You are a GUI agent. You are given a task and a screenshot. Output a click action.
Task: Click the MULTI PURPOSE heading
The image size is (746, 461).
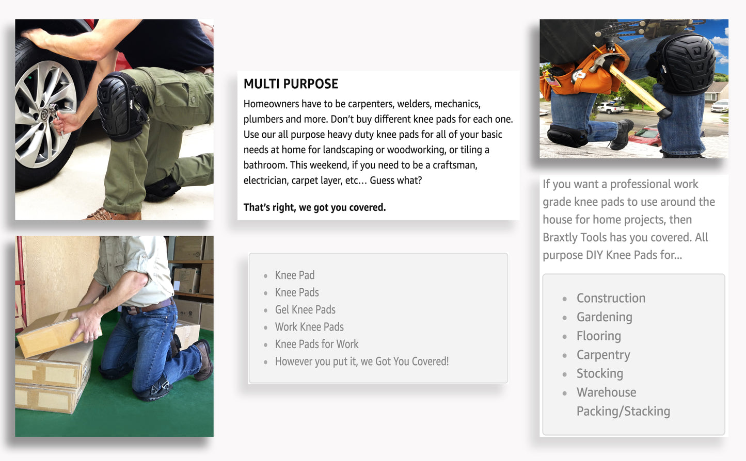pyautogui.click(x=291, y=84)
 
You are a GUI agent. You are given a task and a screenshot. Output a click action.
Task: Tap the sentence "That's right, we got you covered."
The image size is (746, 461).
pyautogui.click(x=315, y=207)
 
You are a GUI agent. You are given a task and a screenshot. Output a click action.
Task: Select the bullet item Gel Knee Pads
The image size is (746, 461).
pyautogui.click(x=305, y=310)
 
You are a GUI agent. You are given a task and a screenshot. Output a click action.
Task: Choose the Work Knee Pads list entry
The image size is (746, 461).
pyautogui.click(x=309, y=327)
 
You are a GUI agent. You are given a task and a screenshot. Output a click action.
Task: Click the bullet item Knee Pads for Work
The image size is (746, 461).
pyautogui.click(x=316, y=344)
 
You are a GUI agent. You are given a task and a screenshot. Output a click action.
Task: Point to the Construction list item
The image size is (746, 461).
pyautogui.click(x=611, y=298)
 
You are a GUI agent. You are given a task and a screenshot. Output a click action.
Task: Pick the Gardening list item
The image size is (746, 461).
pyautogui.click(x=604, y=317)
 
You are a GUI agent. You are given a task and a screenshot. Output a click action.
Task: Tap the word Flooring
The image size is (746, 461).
pyautogui.click(x=599, y=336)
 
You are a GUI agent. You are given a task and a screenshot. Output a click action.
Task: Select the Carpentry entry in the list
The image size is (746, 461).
pyautogui.click(x=603, y=355)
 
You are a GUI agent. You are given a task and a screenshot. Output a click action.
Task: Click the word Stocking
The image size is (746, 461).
pyautogui.click(x=600, y=373)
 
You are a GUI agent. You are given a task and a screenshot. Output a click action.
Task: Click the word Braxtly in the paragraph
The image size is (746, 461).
pyautogui.click(x=560, y=238)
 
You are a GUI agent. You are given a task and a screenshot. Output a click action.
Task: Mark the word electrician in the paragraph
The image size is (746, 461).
pyautogui.click(x=266, y=180)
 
